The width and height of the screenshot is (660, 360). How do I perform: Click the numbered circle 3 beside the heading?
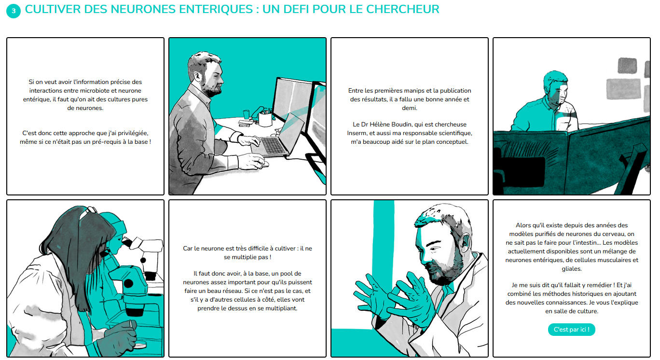pyautogui.click(x=14, y=11)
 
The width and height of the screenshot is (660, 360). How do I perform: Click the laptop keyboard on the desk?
pyautogui.click(x=273, y=145)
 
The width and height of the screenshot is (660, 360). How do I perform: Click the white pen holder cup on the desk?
pyautogui.click(x=265, y=119)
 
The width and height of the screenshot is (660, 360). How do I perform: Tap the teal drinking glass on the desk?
pyautogui.click(x=247, y=114)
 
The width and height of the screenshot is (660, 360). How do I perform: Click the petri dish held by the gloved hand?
pyautogui.click(x=140, y=345)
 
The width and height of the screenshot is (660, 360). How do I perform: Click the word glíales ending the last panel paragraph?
pyautogui.click(x=572, y=269)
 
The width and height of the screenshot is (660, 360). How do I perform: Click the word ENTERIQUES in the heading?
pyautogui.click(x=211, y=9)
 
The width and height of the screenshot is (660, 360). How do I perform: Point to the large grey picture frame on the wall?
pyautogui.click(x=623, y=88)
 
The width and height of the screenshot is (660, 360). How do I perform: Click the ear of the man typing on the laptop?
pyautogui.click(x=197, y=77)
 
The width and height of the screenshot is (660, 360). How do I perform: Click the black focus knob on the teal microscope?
pyautogui.click(x=128, y=283)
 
